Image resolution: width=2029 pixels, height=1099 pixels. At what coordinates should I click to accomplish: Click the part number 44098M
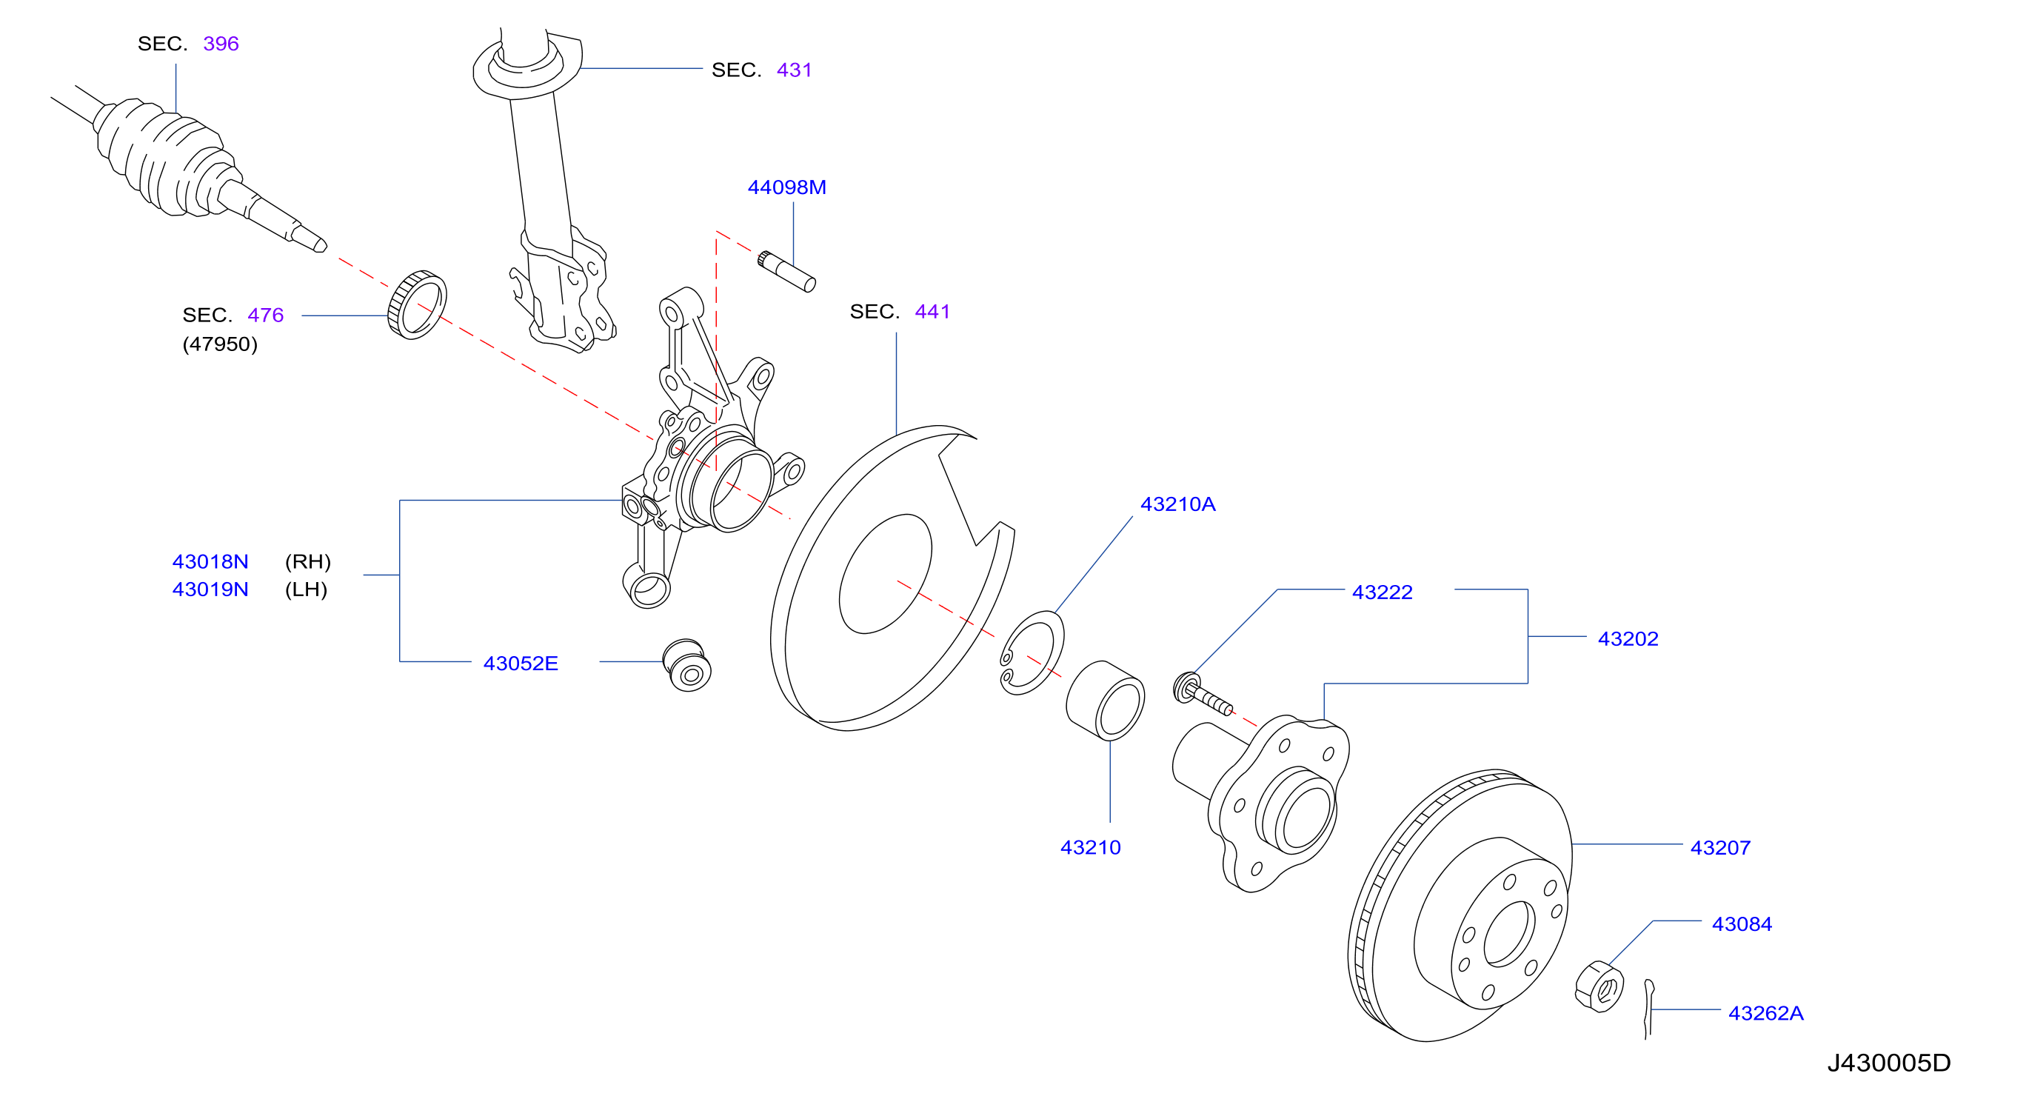786,187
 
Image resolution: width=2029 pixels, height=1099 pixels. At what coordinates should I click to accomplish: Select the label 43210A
1177,504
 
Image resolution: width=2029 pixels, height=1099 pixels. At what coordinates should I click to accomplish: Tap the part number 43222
1383,592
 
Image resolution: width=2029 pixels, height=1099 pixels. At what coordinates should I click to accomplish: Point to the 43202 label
1628,639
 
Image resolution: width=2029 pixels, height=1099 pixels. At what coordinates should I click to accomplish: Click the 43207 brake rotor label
1720,848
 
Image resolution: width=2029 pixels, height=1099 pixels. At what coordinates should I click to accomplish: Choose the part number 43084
1742,924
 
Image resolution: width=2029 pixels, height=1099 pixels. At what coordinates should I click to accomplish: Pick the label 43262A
1765,1013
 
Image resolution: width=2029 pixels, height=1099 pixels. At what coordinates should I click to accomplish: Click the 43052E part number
521,664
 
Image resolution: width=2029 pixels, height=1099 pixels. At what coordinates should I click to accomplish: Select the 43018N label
210,561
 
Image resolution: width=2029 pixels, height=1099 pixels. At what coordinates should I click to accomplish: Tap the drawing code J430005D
1889,1063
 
